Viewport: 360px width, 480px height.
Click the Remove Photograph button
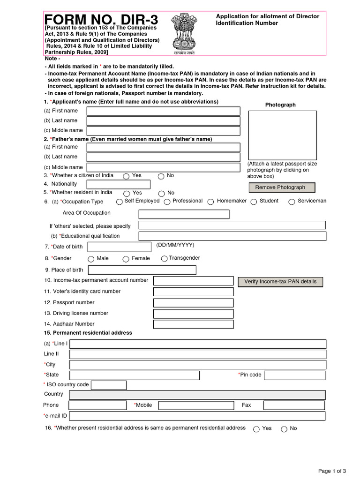(x=282, y=187)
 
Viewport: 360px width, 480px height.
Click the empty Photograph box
(x=282, y=135)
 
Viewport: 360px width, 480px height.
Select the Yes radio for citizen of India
(x=126, y=176)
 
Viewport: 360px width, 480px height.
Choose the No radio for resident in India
(x=161, y=193)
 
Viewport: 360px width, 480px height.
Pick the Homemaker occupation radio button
(x=211, y=202)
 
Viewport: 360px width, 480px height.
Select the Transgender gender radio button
(x=164, y=258)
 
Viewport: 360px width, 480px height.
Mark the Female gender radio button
(x=126, y=259)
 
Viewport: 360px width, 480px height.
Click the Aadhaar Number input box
(x=193, y=324)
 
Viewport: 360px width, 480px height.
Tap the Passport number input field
(x=193, y=303)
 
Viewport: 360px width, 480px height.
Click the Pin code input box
(x=294, y=375)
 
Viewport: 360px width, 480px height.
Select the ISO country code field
(x=109, y=385)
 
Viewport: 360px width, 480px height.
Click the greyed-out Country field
(x=197, y=395)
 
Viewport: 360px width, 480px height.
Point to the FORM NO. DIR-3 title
(x=101, y=20)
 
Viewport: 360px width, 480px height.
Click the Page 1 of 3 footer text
(x=332, y=471)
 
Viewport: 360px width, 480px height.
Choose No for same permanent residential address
(x=284, y=429)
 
